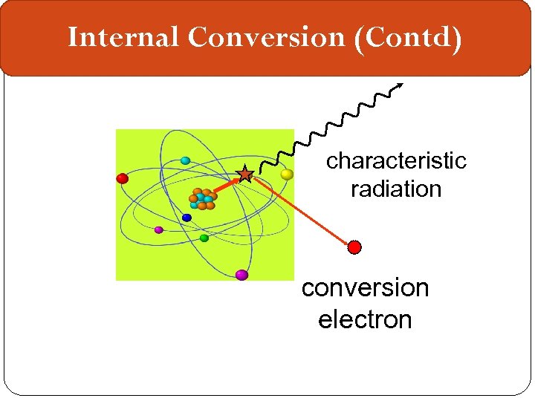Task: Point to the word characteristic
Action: coord(396,161)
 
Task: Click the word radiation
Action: coord(396,189)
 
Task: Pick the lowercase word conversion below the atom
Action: coord(365,288)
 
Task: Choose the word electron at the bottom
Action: coord(365,320)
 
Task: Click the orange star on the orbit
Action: coord(244,175)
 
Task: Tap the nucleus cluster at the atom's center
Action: coord(202,199)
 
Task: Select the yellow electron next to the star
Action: coord(287,175)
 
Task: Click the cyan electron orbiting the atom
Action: coord(185,160)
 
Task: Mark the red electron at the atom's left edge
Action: coord(123,178)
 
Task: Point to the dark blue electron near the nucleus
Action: coord(187,218)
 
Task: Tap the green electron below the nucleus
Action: coord(204,238)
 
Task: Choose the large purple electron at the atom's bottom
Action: coord(241,275)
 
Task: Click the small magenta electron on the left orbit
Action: coord(158,229)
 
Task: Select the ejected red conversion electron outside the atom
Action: coord(355,247)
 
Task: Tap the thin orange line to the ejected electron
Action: coord(301,211)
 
